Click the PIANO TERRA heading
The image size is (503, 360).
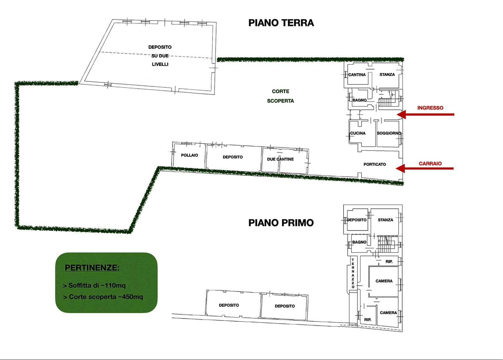pos(281,23)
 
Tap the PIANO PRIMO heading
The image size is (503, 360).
pos(281,223)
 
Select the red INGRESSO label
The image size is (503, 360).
pos(430,108)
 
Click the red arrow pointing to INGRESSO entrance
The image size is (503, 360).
pos(426,114)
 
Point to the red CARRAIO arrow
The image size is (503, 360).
pos(425,168)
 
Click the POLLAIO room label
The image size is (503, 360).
pos(190,155)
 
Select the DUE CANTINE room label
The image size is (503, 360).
pos(280,159)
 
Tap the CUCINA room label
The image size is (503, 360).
pos(358,133)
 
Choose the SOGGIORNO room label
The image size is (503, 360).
pos(389,133)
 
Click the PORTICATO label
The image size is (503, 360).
pos(375,164)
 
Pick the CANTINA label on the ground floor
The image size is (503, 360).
pos(357,75)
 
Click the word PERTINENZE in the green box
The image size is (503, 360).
pos(92,268)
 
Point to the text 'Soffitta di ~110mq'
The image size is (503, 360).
pos(94,285)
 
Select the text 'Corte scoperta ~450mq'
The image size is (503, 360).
pos(103,297)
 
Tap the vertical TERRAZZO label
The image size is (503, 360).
pos(353,273)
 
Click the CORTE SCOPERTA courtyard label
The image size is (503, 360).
pos(280,96)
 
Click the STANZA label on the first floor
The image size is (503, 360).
pos(385,220)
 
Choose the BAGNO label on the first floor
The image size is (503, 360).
pos(359,242)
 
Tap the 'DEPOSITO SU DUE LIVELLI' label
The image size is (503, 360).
pos(160,56)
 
